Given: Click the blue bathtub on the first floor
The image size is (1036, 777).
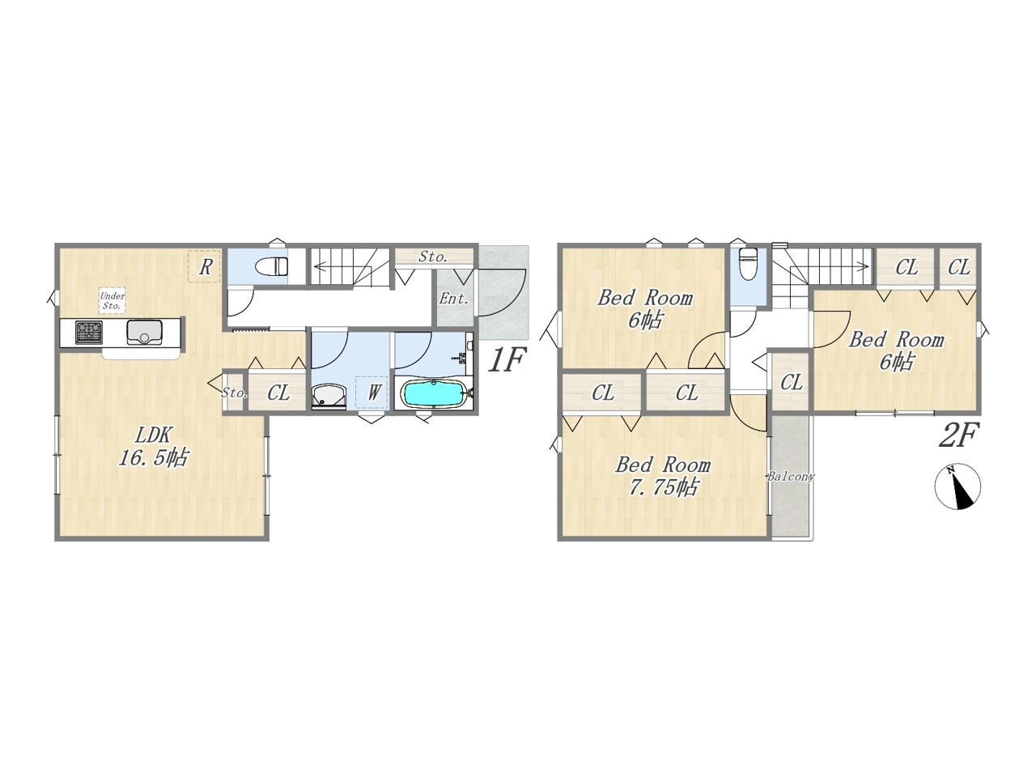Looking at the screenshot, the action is tap(433, 393).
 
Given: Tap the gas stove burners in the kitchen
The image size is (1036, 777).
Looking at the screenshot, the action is tap(89, 332).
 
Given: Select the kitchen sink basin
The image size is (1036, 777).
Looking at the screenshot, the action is tap(144, 332).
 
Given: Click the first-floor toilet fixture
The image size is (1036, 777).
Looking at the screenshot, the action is tap(271, 266).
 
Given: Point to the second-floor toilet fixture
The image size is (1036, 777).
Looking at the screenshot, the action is tap(749, 264).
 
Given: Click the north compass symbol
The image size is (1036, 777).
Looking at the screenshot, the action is tap(957, 486).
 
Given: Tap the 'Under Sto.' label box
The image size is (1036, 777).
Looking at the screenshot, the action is tap(112, 300).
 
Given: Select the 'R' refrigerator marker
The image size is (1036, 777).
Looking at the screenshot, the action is tap(205, 267).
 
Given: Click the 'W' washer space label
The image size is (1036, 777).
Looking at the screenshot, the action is tap(373, 392).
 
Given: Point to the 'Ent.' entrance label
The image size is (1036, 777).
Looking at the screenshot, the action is tap(454, 298).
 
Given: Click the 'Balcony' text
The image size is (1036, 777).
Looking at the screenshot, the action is tap(791, 477).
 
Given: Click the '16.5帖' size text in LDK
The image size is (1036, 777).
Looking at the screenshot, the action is tap(154, 457).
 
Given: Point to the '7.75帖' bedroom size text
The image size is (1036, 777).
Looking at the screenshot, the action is tap(663, 487).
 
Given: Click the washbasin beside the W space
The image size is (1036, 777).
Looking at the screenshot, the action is tap(329, 394).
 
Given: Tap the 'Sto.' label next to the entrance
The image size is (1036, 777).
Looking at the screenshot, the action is tap(433, 257).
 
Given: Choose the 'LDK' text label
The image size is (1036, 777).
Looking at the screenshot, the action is tap(155, 435).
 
